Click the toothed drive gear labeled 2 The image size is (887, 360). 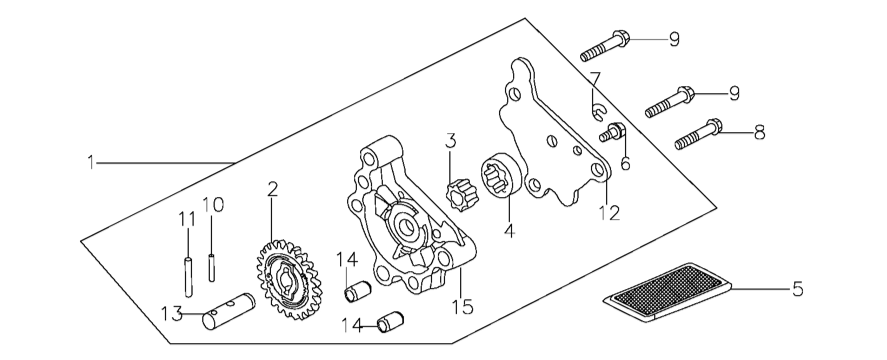tap(289, 279)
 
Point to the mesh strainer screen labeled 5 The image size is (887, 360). tap(668, 292)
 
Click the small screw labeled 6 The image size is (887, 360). tap(613, 133)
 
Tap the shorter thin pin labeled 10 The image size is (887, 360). tap(212, 268)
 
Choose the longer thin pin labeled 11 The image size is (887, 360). tap(188, 277)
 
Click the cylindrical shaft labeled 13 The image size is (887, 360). tap(229, 311)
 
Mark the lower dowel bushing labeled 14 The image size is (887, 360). tap(390, 322)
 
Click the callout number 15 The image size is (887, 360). tap(462, 306)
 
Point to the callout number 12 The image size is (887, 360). tap(610, 213)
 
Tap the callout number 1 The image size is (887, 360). tap(91, 162)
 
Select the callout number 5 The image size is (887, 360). tap(797, 289)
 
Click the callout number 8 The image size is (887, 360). tap(760, 133)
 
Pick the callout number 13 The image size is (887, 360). tap(172, 313)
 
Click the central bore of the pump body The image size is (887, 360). tap(407, 227)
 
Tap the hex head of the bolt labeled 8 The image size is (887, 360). tap(715, 126)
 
